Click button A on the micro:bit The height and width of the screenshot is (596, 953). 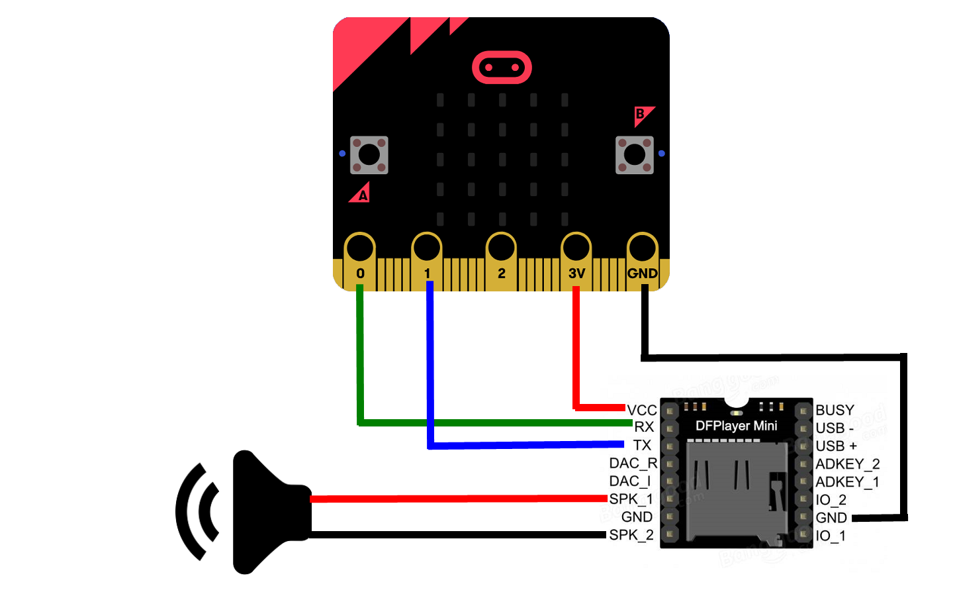[369, 155]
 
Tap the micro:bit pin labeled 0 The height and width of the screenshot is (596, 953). [360, 248]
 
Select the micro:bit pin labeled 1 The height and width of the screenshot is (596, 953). [427, 248]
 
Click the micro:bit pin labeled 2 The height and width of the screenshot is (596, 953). [501, 248]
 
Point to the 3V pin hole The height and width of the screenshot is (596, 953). [576, 248]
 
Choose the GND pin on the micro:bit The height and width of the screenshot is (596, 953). [642, 248]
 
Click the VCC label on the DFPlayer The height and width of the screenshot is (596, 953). [642, 410]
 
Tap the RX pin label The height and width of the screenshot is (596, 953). [644, 427]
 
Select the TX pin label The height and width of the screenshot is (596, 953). [642, 445]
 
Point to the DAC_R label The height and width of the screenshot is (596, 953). [633, 463]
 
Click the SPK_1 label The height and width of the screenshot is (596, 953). [631, 499]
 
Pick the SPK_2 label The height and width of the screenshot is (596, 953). [631, 534]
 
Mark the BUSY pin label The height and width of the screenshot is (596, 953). [835, 410]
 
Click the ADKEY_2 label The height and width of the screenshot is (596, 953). [847, 464]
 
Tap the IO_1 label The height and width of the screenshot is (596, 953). [831, 535]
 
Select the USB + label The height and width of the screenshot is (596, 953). [836, 446]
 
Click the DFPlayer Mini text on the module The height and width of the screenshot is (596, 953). [736, 426]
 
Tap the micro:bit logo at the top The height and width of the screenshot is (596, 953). [502, 68]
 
